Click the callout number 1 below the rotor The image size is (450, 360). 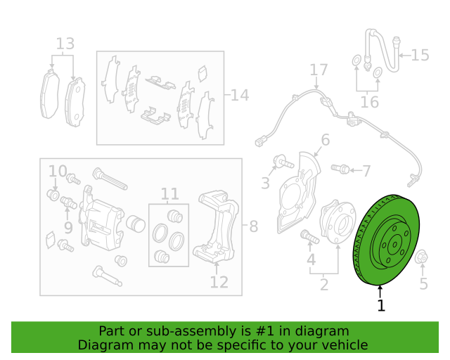[381, 306]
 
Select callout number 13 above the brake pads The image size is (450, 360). [65, 44]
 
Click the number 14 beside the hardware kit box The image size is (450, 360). [240, 95]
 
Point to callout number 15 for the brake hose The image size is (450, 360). [420, 55]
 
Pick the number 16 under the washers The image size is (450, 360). [369, 103]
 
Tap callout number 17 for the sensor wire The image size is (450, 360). [319, 70]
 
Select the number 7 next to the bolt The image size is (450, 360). [365, 170]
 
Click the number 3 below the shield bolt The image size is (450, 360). [265, 184]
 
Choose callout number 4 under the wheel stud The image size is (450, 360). [311, 262]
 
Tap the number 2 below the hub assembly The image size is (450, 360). [324, 285]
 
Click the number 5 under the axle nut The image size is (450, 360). [423, 283]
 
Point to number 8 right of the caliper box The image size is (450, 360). [253, 226]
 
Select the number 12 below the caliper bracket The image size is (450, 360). [219, 282]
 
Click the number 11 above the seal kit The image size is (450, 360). [169, 193]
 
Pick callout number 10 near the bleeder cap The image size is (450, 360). [58, 171]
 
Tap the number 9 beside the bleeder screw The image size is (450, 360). [67, 227]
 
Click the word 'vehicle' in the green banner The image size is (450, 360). [343, 345]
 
